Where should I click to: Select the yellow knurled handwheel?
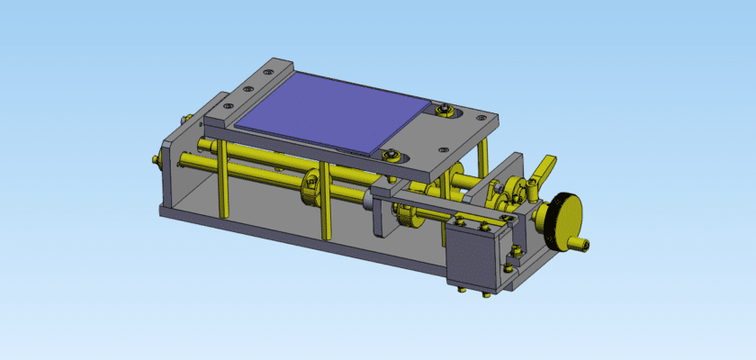(566, 221)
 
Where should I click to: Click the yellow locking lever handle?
(544, 166)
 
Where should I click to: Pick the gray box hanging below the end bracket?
(472, 256)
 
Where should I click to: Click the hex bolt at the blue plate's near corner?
(390, 155)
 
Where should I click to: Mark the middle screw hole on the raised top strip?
(247, 89)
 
